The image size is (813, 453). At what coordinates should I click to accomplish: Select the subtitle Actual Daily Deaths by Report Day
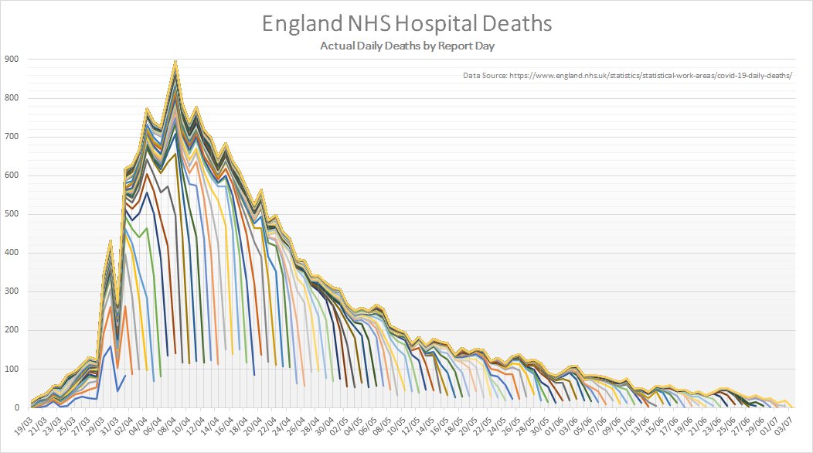pos(407,46)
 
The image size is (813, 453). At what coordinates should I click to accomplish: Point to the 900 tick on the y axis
pos(12,60)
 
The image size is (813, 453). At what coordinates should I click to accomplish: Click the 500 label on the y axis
pos(12,214)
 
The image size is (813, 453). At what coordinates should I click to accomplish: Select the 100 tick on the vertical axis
pos(12,369)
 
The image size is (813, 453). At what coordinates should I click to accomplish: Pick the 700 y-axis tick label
pos(12,137)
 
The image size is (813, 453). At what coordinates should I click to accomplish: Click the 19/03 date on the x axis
pos(22,424)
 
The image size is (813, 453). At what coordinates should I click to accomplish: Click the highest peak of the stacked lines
pos(175,62)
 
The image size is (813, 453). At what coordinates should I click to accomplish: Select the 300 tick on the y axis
pos(12,291)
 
